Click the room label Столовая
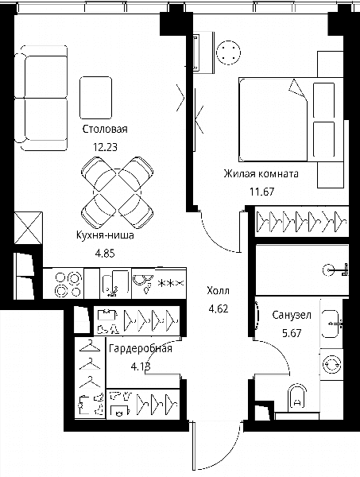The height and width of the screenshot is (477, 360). pos(105,129)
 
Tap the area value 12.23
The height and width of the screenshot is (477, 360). pos(105,147)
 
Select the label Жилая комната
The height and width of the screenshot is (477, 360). pos(261,173)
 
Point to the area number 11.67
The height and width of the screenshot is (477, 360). pos(261,192)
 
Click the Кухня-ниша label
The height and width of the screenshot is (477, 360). pos(105,235)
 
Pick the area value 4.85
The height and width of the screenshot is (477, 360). pos(105,253)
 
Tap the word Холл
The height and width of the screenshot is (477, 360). pos(218,291)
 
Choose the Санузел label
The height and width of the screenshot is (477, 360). pos(292,315)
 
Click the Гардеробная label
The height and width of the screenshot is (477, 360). pos(141,348)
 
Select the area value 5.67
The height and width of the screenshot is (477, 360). pos(292,333)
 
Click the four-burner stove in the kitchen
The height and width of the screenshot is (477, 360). pos(68,284)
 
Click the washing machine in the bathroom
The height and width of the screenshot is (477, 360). pos(331,364)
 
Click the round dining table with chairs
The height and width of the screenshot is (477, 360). pos(117,192)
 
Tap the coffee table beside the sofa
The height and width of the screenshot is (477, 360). pos(95,98)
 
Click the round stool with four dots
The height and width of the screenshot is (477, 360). pos(228,52)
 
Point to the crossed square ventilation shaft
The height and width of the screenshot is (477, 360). pos(28,228)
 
